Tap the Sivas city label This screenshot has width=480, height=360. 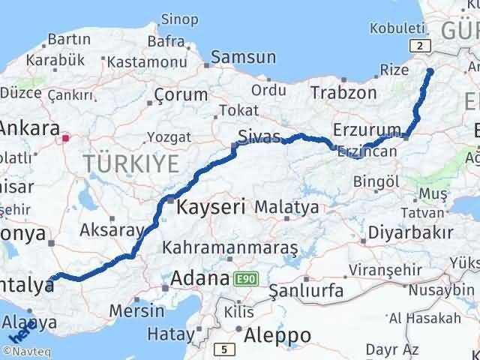tap(258, 136)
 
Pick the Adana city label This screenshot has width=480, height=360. tap(199, 278)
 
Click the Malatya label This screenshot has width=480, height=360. tap(286, 206)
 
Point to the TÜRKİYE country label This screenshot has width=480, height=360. tap(131, 163)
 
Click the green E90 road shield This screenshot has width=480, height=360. tap(244, 278)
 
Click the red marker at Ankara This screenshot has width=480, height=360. tap(66, 138)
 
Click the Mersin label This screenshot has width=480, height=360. tap(137, 309)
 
